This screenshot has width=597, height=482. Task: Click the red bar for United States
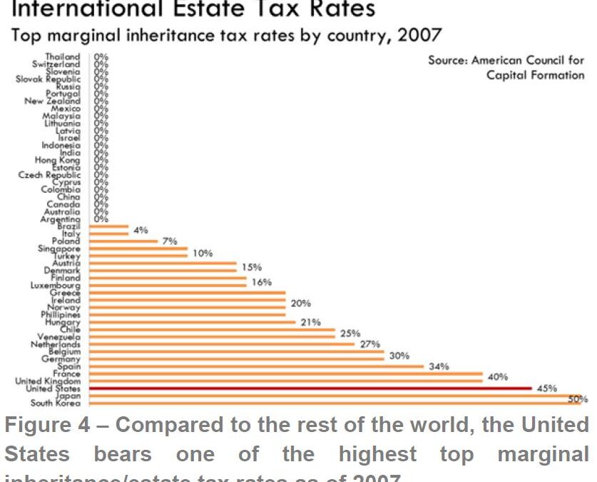(310, 388)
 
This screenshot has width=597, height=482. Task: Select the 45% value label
(546, 388)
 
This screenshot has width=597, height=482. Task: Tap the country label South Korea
(56, 403)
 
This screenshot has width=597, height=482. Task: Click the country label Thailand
(63, 56)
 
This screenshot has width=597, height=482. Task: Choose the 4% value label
(141, 230)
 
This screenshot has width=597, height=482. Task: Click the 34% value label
(439, 366)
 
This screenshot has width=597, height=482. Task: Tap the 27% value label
(369, 344)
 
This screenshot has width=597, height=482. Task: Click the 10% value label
(203, 253)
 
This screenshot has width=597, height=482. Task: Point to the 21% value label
(310, 322)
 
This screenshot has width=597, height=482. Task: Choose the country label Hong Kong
(58, 161)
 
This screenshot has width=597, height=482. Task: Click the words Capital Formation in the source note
(535, 76)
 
